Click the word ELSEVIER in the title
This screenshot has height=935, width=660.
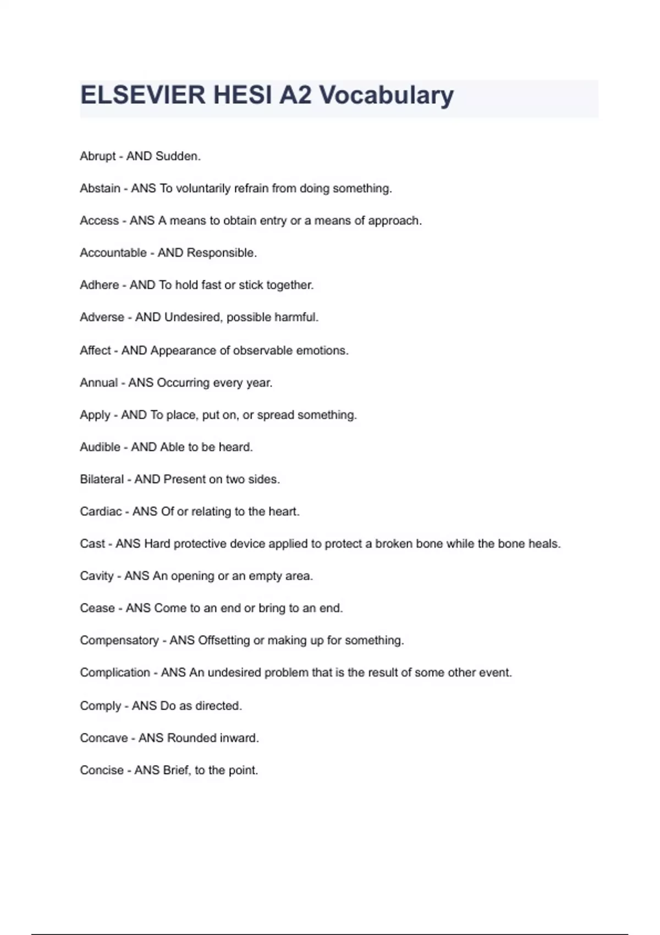point(142,95)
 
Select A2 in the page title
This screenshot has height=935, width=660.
point(295,95)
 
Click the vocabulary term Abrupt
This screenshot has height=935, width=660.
point(97,156)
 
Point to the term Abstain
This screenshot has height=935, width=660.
point(100,189)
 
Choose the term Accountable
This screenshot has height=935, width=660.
point(113,253)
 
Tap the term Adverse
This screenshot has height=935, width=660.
point(102,317)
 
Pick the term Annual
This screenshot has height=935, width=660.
point(98,383)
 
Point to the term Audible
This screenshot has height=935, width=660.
point(100,447)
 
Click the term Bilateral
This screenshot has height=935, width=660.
point(102,480)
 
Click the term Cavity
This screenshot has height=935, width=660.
point(96,576)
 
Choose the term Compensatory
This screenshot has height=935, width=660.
point(119,641)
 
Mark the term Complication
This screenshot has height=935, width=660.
point(114,673)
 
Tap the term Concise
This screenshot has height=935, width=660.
point(101,771)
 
